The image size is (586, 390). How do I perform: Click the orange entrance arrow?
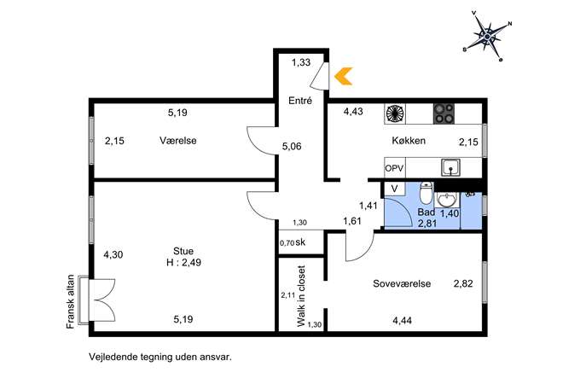(343, 76)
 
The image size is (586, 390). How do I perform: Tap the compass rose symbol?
(487, 37)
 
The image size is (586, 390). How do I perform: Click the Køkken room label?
(409, 141)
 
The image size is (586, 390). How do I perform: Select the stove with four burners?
(444, 114)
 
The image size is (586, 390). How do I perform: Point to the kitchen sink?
(450, 167)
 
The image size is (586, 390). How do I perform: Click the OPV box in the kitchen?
(394, 168)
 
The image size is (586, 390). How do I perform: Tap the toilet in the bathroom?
(426, 191)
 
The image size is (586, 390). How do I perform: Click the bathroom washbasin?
(446, 200)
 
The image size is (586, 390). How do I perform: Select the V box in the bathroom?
(394, 189)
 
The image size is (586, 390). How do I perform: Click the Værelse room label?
(178, 141)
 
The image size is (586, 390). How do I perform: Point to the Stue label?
(183, 251)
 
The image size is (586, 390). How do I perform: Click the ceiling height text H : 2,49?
(183, 263)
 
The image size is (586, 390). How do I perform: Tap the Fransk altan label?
(70, 302)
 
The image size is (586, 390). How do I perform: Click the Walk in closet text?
(301, 296)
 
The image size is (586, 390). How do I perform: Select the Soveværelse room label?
(402, 283)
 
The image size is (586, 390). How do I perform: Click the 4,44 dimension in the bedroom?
(402, 321)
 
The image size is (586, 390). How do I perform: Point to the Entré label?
(300, 100)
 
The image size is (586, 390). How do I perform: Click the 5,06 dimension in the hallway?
(292, 146)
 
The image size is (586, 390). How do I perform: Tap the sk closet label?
(300, 242)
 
